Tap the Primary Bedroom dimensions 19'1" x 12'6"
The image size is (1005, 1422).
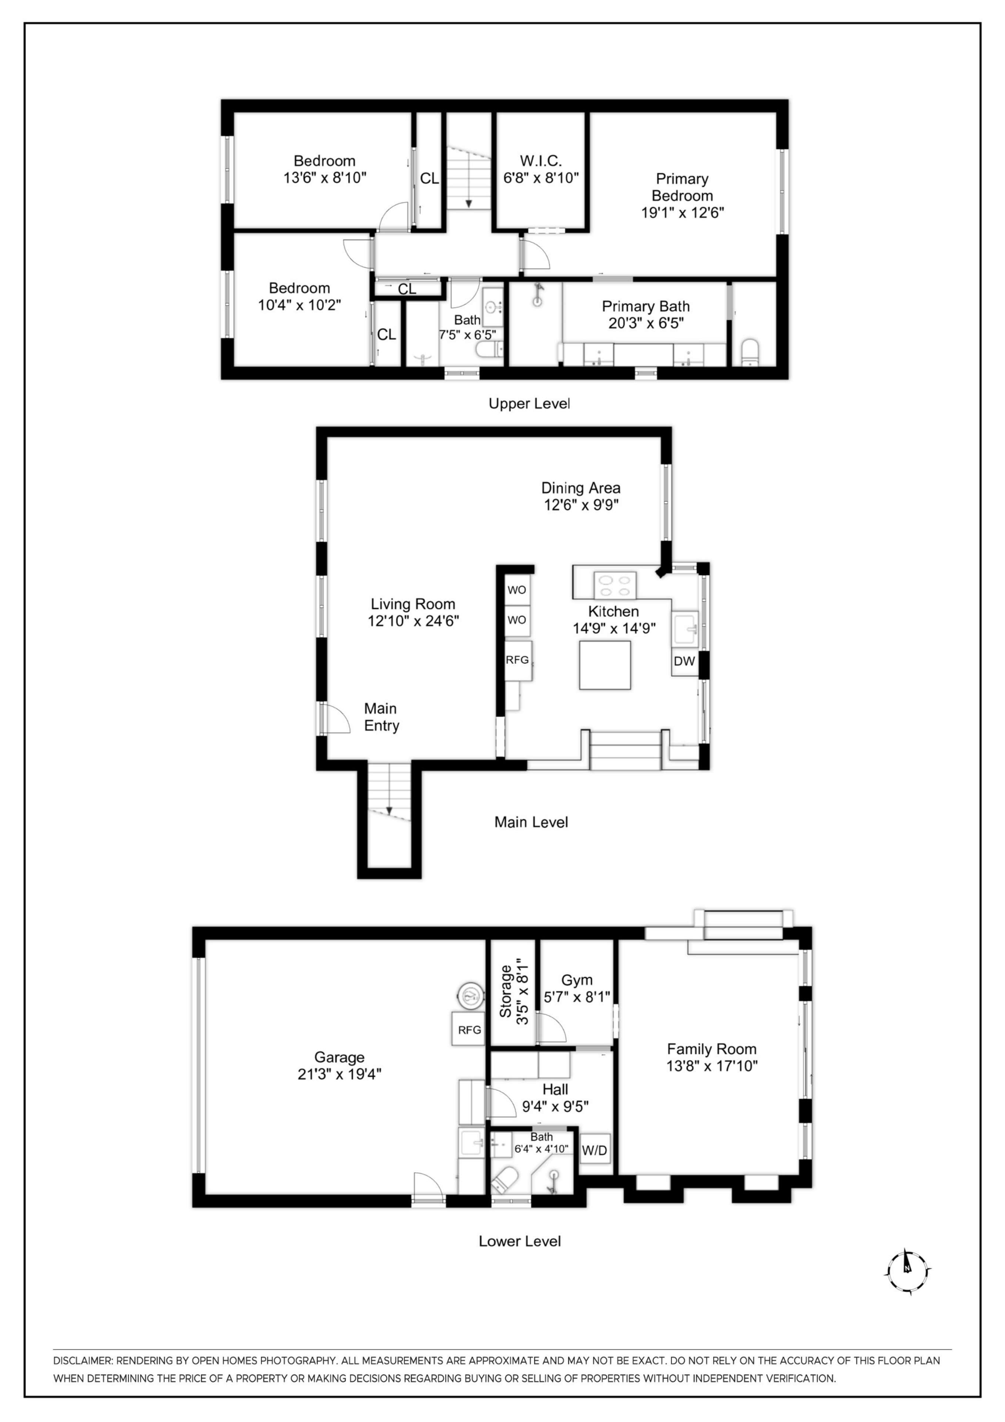(682, 213)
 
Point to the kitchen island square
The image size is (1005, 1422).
(604, 665)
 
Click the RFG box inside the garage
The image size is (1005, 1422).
(469, 1030)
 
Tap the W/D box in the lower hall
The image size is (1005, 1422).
(594, 1151)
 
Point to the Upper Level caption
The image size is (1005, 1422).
(529, 404)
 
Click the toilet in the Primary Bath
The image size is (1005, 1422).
(750, 353)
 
